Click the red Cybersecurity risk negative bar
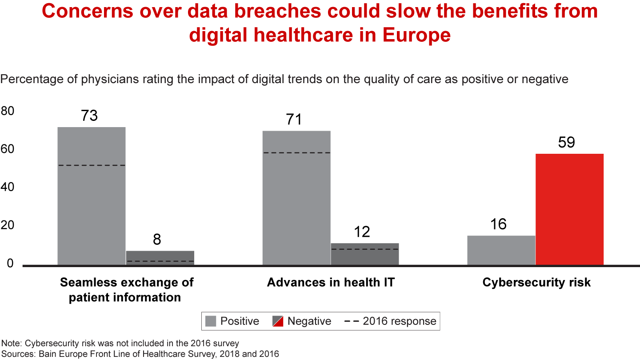pos(569,209)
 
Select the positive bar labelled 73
pos(92,196)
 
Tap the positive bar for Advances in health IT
pos(296,198)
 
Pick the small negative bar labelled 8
pos(160,258)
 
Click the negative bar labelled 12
pos(364,254)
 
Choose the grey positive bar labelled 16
pos(501,250)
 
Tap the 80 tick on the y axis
pos(8,111)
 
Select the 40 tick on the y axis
pos(8,187)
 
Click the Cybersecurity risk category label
pos(536,282)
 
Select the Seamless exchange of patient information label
pos(126,290)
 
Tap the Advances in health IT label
pos(331,282)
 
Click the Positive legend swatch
pos(212,321)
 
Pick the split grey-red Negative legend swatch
pos(278,321)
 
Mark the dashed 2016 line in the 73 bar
pos(92,165)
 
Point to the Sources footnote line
pos(140,354)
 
